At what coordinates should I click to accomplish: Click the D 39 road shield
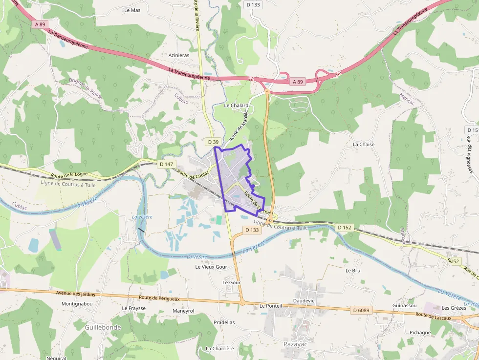[x=213, y=142]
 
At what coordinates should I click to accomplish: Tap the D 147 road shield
[x=166, y=164]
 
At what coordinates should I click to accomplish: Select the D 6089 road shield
[x=360, y=310]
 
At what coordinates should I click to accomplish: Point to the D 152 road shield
[x=345, y=228]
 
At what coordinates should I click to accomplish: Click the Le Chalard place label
[x=236, y=106]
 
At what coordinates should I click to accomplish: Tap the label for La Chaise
[x=364, y=145]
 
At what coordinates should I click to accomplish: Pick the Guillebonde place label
[x=103, y=327]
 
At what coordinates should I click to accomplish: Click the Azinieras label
[x=178, y=55]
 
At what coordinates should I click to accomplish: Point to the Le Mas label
[x=132, y=10]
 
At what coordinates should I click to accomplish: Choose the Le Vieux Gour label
[x=211, y=267]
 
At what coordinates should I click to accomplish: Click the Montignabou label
[x=77, y=303]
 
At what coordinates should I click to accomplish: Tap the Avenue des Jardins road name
[x=75, y=294]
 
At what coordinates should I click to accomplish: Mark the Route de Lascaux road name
[x=432, y=315]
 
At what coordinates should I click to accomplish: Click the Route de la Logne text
[x=68, y=174]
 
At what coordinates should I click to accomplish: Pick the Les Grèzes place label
[x=454, y=308]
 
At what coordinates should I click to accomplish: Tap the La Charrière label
[x=220, y=349]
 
